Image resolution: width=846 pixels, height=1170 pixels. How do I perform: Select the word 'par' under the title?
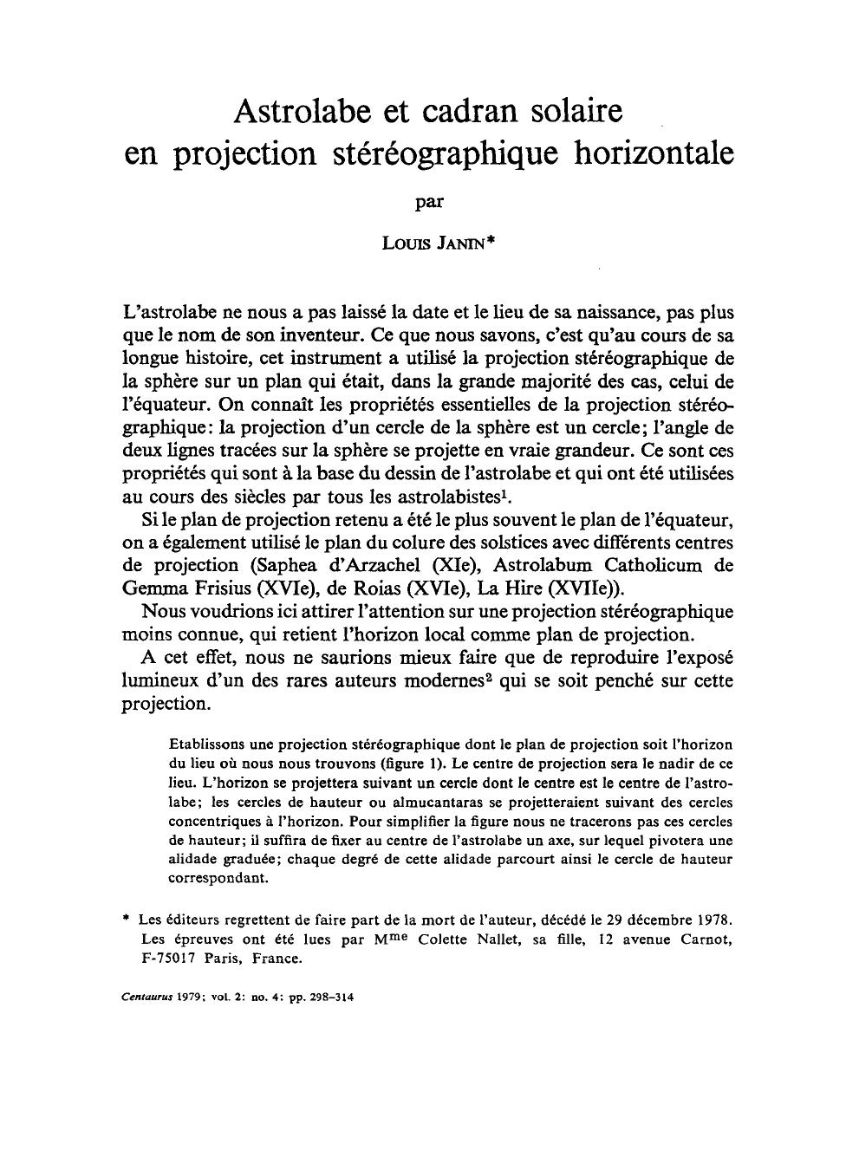coord(429,203)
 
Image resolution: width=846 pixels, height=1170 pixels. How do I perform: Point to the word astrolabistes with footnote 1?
coord(442,497)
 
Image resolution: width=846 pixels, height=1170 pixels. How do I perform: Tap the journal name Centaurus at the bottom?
coord(147,997)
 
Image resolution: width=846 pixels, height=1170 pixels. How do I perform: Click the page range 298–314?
coord(329,997)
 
